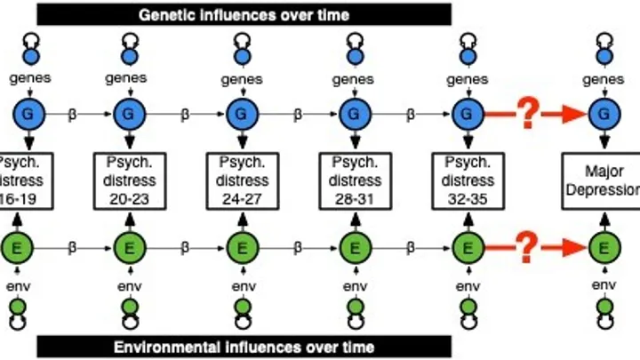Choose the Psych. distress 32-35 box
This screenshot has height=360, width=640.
pos(465,180)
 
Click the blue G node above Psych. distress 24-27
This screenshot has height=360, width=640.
pos(238,115)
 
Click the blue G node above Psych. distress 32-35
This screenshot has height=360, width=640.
pos(466,115)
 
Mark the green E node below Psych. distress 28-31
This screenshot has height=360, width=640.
pos(353,246)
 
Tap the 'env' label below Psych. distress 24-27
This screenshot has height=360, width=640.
pos(239,286)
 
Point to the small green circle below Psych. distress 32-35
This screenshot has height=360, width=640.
pos(466,307)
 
